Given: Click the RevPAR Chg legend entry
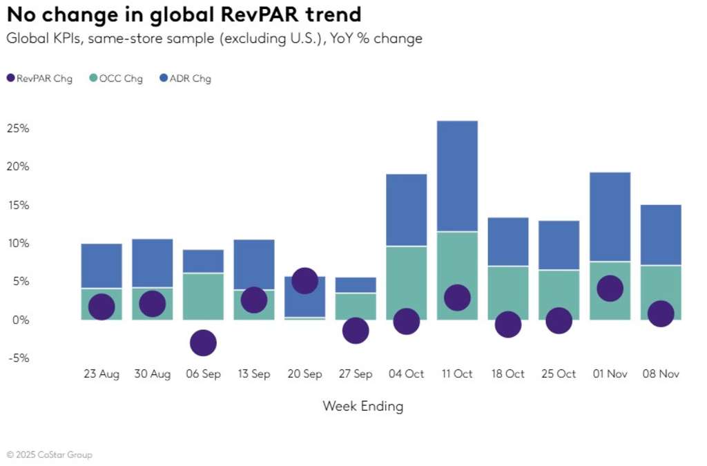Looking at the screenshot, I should pos(40,79).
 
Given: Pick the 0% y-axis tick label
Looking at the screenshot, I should pos(20,320).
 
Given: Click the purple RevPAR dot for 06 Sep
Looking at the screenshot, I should pos(203,342).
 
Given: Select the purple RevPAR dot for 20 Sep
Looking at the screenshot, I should pos(304,280).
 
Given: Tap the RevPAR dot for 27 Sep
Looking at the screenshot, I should pos(356,331).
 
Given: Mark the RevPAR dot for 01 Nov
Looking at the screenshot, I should pos(610,288).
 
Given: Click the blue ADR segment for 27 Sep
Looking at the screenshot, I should pos(356,285).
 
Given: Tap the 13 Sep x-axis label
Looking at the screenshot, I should pos(253,374).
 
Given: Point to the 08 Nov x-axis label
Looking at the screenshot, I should pos(660,374).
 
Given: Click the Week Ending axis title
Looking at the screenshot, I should pos(362,406).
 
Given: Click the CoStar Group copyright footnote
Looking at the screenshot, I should pos(49,455).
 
